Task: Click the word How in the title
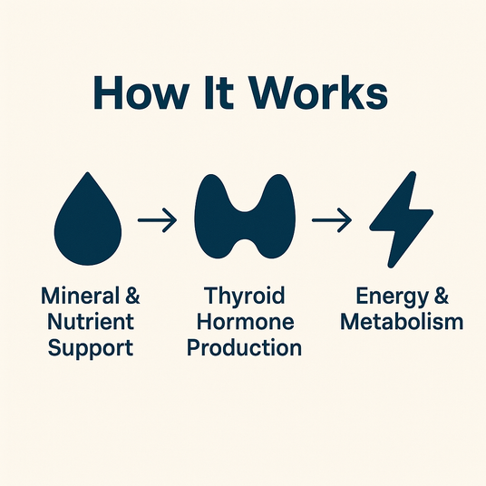[141, 92]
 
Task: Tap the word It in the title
[219, 92]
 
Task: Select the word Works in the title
[319, 92]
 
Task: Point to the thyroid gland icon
[245, 217]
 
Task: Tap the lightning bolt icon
[401, 219]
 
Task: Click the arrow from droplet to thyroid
[158, 220]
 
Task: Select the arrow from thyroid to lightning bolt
[332, 220]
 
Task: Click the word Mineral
[80, 296]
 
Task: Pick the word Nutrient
[91, 321]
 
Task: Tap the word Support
[91, 348]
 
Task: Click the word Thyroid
[244, 296]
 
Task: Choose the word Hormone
[245, 321]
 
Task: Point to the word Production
[244, 347]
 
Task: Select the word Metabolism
[402, 321]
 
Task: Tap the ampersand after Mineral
[133, 296]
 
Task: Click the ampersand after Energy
[442, 296]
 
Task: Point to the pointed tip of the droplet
[88, 172]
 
